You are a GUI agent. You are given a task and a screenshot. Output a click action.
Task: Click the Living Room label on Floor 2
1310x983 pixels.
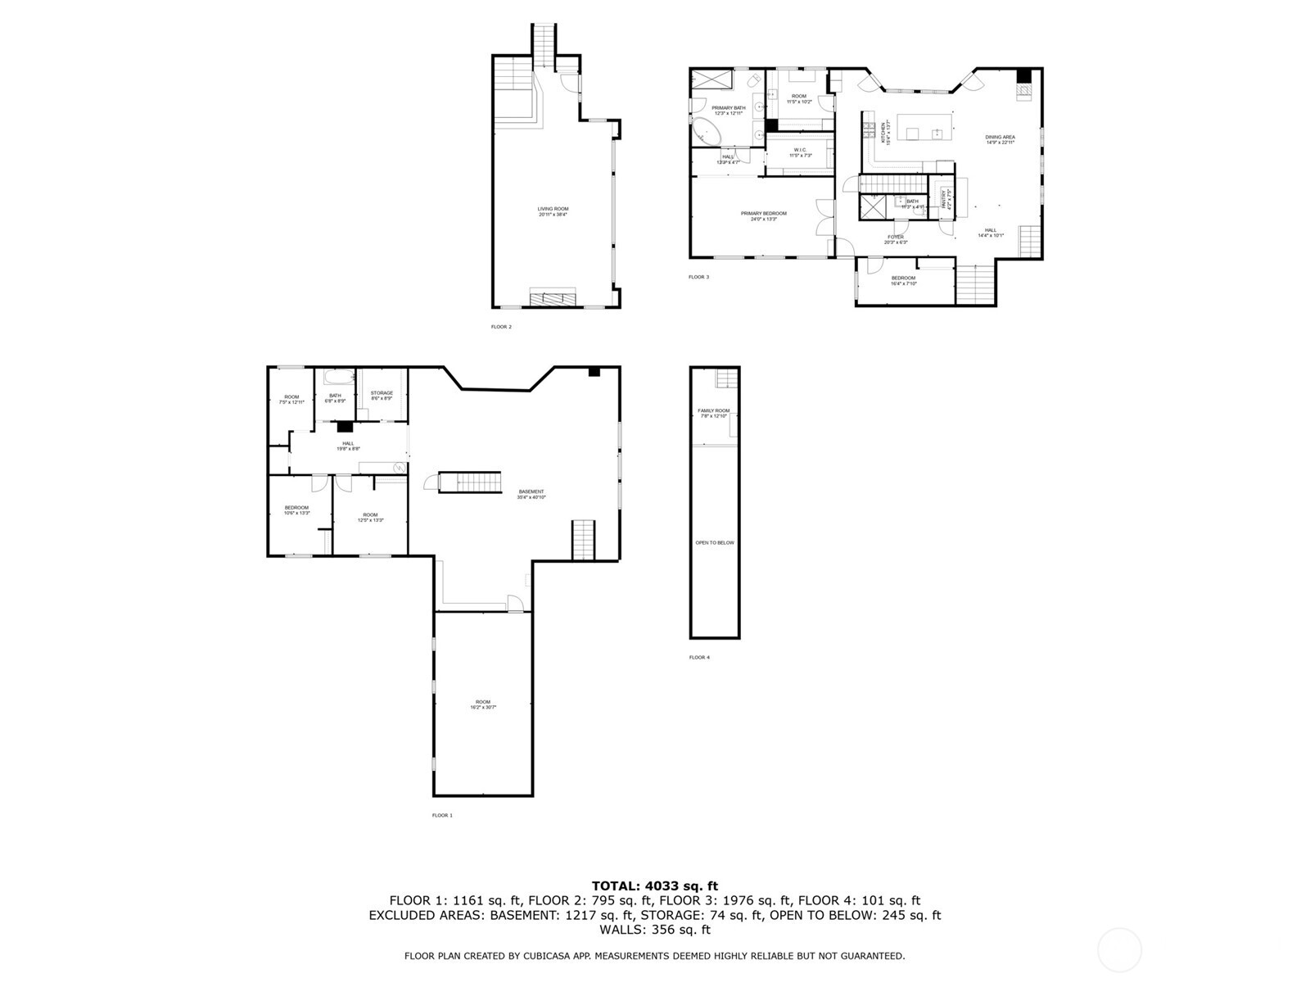pos(553,211)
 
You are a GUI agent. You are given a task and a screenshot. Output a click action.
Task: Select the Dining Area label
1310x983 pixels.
pos(1000,139)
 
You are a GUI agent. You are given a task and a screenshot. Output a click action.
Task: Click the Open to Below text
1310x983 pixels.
pos(714,542)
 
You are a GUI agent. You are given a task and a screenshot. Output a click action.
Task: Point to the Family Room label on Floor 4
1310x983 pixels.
pos(713,413)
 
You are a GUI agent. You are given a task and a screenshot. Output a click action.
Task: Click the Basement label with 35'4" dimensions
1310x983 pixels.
pos(531,494)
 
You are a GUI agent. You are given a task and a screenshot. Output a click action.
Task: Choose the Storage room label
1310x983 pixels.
pos(382,395)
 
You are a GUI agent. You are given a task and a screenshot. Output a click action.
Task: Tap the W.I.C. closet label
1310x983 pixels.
pos(800,152)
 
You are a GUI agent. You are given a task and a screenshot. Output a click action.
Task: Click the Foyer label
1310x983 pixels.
pos(896,239)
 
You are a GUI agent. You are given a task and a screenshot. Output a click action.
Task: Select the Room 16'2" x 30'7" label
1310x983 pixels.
pos(483,704)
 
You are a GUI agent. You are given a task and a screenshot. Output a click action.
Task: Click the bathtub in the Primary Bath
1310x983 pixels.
pos(704,131)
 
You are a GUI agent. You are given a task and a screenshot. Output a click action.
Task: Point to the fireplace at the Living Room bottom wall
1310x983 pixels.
pos(553,298)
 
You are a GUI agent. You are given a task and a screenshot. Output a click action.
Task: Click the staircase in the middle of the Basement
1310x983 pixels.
pos(469,482)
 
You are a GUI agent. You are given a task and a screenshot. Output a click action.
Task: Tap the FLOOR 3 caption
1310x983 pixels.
pos(698,277)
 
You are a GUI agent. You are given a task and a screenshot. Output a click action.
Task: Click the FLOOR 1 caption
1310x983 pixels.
pos(442,815)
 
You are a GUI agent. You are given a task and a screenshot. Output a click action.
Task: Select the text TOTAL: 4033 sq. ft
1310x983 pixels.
pos(654,886)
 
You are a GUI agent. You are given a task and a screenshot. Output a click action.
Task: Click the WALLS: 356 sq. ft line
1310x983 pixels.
pos(654,930)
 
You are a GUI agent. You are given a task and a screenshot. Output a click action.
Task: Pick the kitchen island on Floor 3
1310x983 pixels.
pos(925,128)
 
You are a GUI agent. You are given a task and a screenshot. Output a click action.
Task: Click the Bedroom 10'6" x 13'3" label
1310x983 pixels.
pos(296,510)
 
